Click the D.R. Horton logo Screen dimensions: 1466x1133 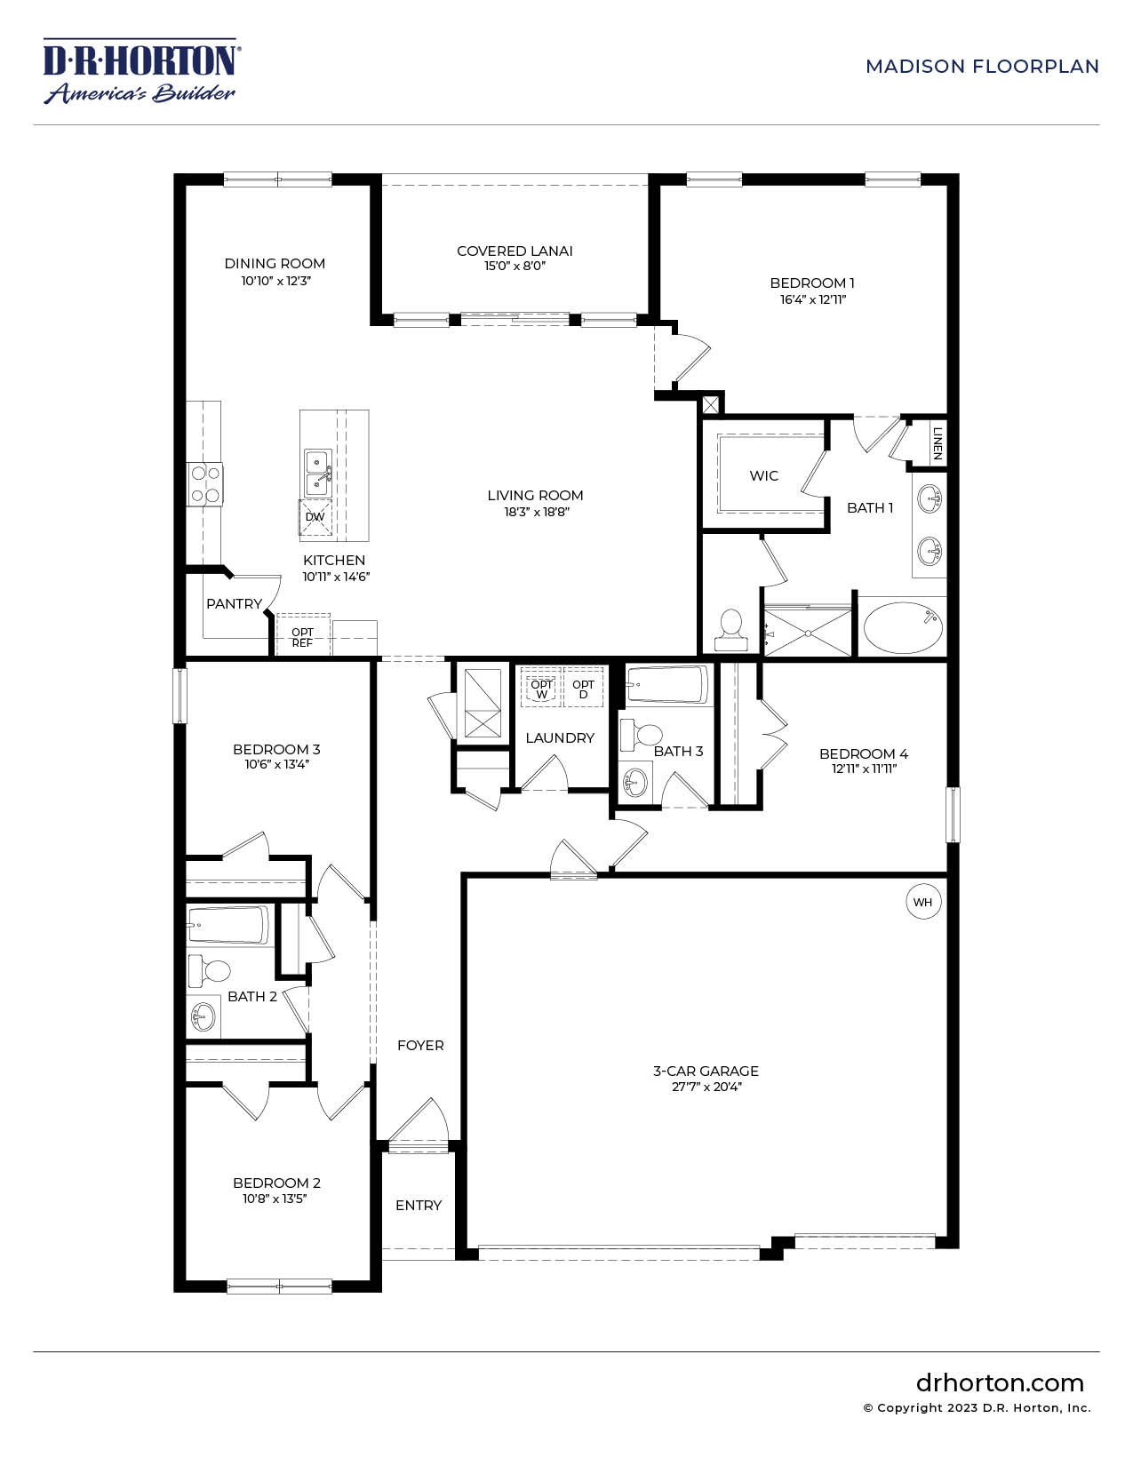tap(141, 71)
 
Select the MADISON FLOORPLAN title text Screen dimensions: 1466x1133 tap(982, 67)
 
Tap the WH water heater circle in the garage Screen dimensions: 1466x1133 tap(922, 902)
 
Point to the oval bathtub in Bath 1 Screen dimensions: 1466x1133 tap(902, 627)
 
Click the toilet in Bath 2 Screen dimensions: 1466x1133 tap(209, 970)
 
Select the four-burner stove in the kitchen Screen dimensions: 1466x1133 tap(204, 485)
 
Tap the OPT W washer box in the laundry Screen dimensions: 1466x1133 tap(541, 689)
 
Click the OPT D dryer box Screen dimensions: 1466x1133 tap(583, 689)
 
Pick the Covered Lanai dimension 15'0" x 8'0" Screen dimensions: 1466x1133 tap(515, 266)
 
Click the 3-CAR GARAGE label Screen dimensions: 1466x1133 tap(706, 1071)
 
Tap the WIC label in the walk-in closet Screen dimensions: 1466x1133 tap(763, 476)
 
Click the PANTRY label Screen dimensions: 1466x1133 tap(234, 604)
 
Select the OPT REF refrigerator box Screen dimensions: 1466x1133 tap(302, 635)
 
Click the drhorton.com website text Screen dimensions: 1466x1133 tap(1000, 1383)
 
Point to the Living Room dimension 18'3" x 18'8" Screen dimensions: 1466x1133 tap(536, 512)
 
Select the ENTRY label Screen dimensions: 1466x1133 tap(419, 1205)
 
